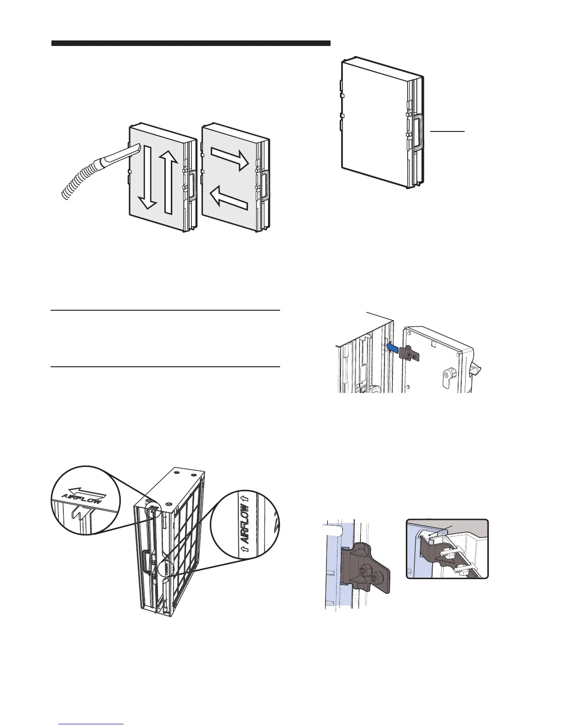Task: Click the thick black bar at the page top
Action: pos(191,43)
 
